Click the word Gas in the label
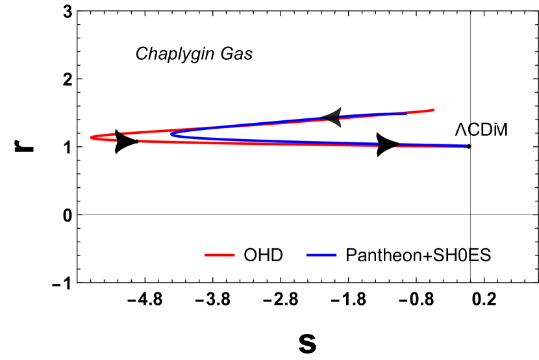coord(236,54)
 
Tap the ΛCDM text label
coord(481,130)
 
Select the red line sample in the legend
coord(219,255)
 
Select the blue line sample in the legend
coord(321,255)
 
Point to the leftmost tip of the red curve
coord(91,137)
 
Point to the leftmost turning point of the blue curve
coord(171,135)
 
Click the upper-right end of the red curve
coord(433,110)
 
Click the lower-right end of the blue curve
coord(466,146)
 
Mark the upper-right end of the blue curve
coord(407,114)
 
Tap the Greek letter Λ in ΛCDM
coord(460,130)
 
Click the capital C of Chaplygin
coord(142,54)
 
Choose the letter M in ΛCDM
coord(500,130)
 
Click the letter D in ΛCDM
coord(486,130)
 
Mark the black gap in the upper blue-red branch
coord(332,118)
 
